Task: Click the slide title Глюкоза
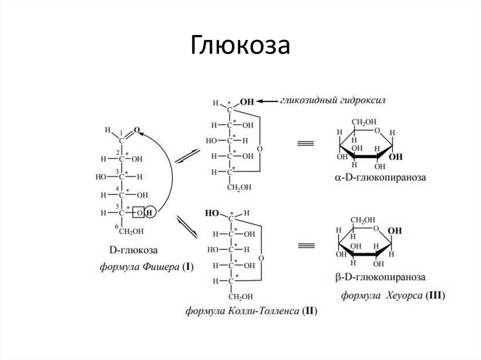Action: click(x=240, y=46)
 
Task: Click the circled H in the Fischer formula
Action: click(x=150, y=213)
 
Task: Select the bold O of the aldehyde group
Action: click(x=137, y=130)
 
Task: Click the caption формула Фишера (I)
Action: click(x=146, y=267)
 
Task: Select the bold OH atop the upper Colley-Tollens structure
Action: click(x=247, y=101)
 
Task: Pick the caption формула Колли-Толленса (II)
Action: click(x=251, y=310)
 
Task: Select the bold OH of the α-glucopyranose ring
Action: click(x=396, y=157)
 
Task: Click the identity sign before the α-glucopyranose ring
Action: click(x=305, y=144)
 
